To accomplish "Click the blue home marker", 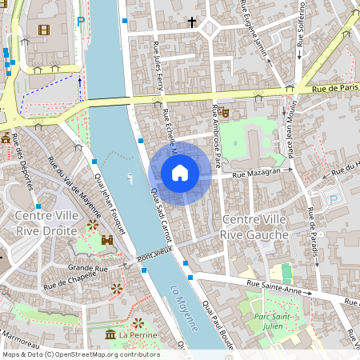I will [180, 173].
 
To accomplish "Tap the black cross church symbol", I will [192, 22].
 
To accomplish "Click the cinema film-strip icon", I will [43, 30].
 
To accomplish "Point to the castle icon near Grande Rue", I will [107, 239].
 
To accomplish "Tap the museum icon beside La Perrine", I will [110, 334].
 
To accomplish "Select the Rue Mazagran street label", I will [257, 173].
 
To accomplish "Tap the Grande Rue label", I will [87, 267].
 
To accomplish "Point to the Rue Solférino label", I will [302, 26].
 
